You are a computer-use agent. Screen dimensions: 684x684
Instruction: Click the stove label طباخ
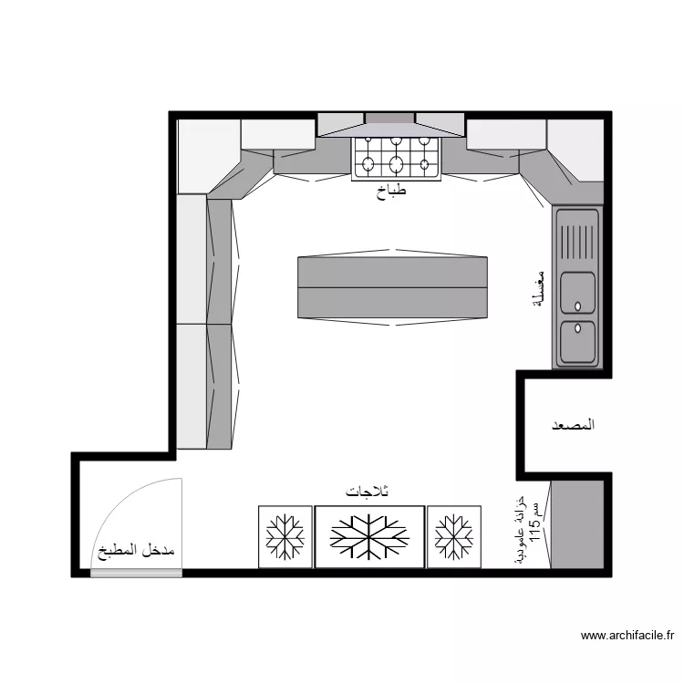(391, 192)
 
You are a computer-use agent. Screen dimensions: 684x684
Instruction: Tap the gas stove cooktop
(396, 159)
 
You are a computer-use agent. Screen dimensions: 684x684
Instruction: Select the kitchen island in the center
(392, 287)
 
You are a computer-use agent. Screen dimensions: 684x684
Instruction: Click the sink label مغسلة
(539, 288)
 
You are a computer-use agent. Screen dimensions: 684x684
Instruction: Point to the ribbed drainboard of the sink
(577, 242)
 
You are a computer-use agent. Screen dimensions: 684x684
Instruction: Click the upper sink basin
(577, 293)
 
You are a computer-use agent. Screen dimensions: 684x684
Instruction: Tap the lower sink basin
(577, 342)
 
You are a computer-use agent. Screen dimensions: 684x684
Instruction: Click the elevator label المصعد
(574, 424)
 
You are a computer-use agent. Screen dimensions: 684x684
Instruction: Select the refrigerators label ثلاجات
(367, 492)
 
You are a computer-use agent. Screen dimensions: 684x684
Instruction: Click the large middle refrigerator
(369, 536)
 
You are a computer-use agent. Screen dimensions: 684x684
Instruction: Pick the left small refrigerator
(285, 536)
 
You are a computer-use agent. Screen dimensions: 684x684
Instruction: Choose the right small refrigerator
(454, 536)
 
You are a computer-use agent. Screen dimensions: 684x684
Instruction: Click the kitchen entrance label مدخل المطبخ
(136, 551)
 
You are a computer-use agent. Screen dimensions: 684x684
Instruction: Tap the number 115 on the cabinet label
(535, 529)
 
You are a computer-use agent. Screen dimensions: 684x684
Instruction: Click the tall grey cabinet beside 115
(577, 524)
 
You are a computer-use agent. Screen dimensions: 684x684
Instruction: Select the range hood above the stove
(390, 125)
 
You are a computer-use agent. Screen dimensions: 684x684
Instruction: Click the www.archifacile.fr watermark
(627, 636)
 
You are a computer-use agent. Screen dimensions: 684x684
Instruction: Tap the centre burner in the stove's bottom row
(396, 164)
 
